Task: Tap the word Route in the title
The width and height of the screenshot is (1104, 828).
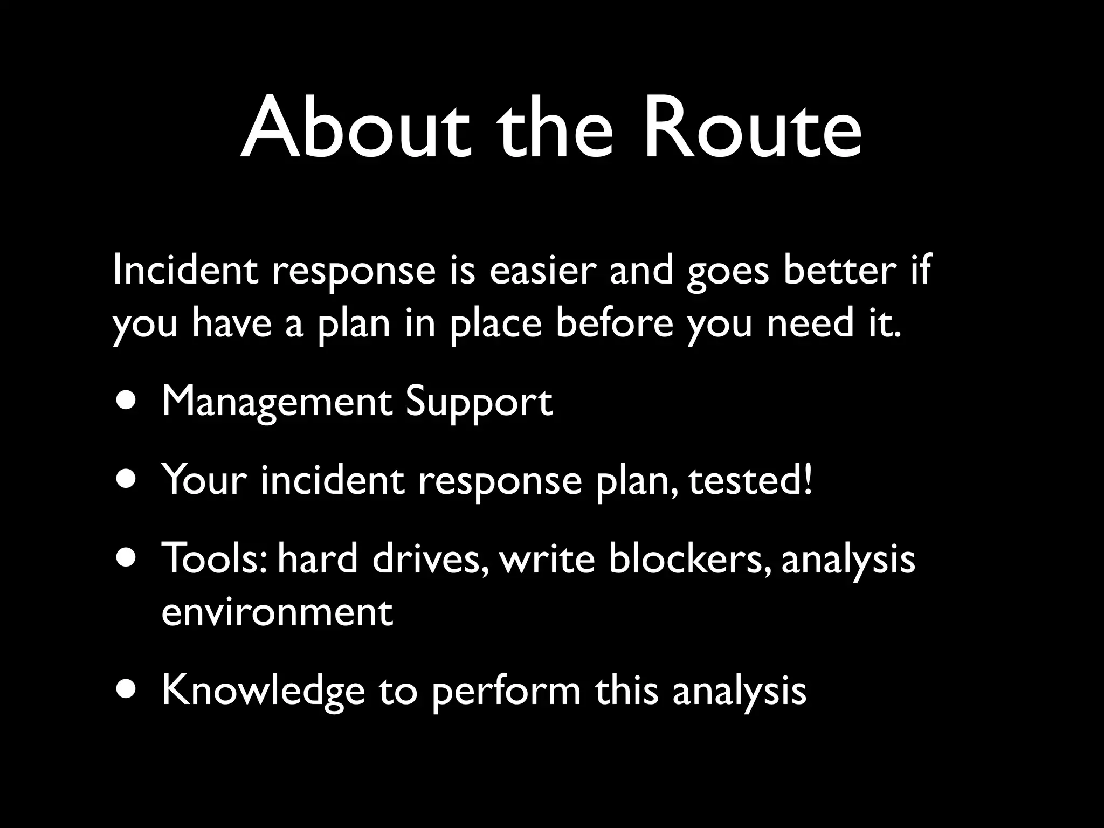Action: coord(753,129)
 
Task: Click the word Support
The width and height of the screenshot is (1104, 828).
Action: coord(479,403)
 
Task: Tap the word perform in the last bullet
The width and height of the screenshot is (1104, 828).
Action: coord(506,692)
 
